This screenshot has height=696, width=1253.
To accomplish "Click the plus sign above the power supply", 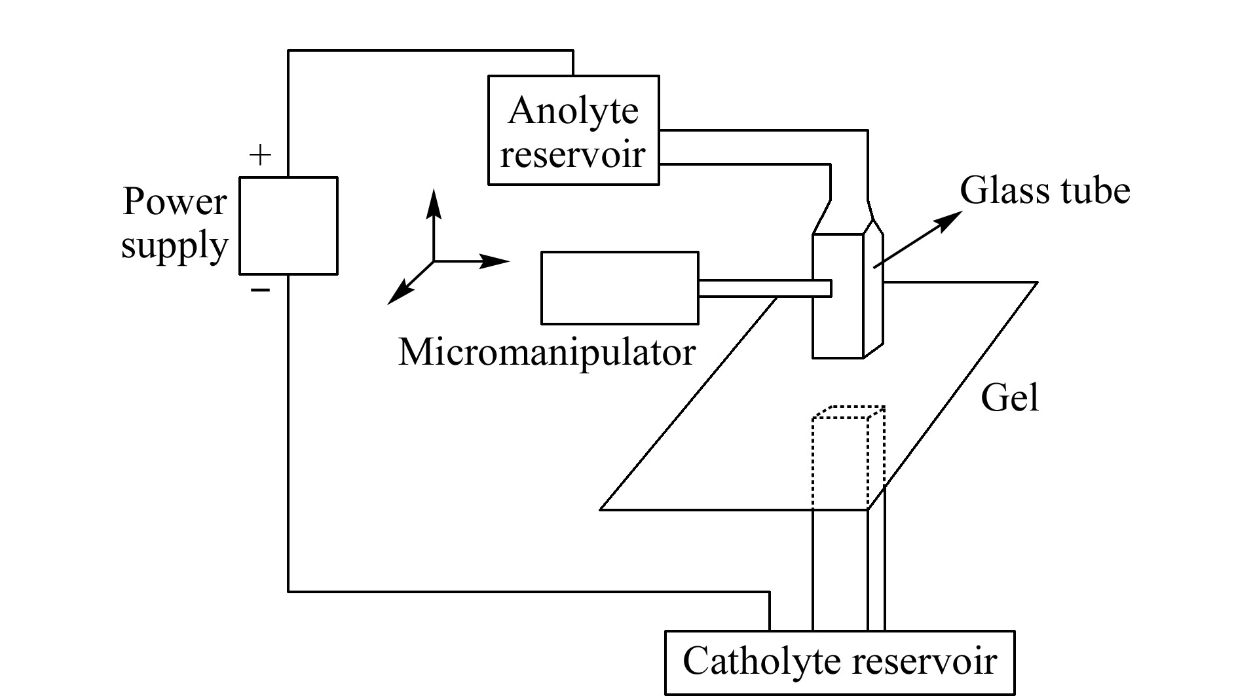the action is pyautogui.click(x=261, y=156).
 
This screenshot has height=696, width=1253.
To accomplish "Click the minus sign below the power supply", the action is pyautogui.click(x=261, y=289).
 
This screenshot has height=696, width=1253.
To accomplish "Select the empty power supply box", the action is pyautogui.click(x=288, y=225).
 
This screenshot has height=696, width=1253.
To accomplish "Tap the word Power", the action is pyautogui.click(x=174, y=202).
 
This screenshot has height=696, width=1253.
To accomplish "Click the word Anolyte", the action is pyautogui.click(x=573, y=111).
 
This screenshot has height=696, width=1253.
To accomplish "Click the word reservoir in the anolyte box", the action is pyautogui.click(x=573, y=155).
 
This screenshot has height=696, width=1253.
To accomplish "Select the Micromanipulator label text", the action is pyautogui.click(x=547, y=352).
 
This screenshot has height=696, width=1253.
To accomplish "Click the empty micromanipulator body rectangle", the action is pyautogui.click(x=620, y=287).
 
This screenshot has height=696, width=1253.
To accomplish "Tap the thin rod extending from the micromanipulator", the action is pyautogui.click(x=765, y=288).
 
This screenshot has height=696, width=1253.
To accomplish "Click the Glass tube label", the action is pyautogui.click(x=1045, y=191).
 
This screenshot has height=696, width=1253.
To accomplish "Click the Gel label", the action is pyautogui.click(x=1010, y=397).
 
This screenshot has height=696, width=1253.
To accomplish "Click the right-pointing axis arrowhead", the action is pyautogui.click(x=494, y=261).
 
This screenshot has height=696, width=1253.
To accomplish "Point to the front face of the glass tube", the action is pyautogui.click(x=838, y=296).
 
